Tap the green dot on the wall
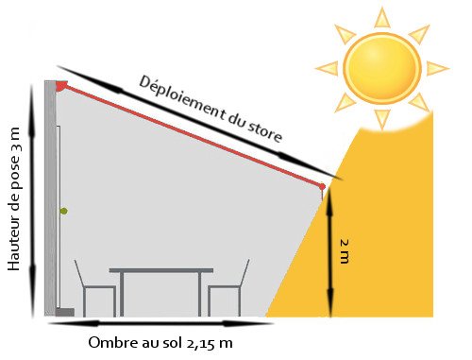coord(63,210)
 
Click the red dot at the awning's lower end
coord(323,186)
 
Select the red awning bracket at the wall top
coord(61,86)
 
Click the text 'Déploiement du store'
coord(210,109)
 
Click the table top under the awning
coord(161,271)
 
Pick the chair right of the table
coord(229,288)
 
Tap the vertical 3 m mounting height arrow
coord(34,198)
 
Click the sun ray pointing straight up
coord(381,18)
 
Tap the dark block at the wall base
coord(64,311)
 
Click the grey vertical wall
coord(49,198)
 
